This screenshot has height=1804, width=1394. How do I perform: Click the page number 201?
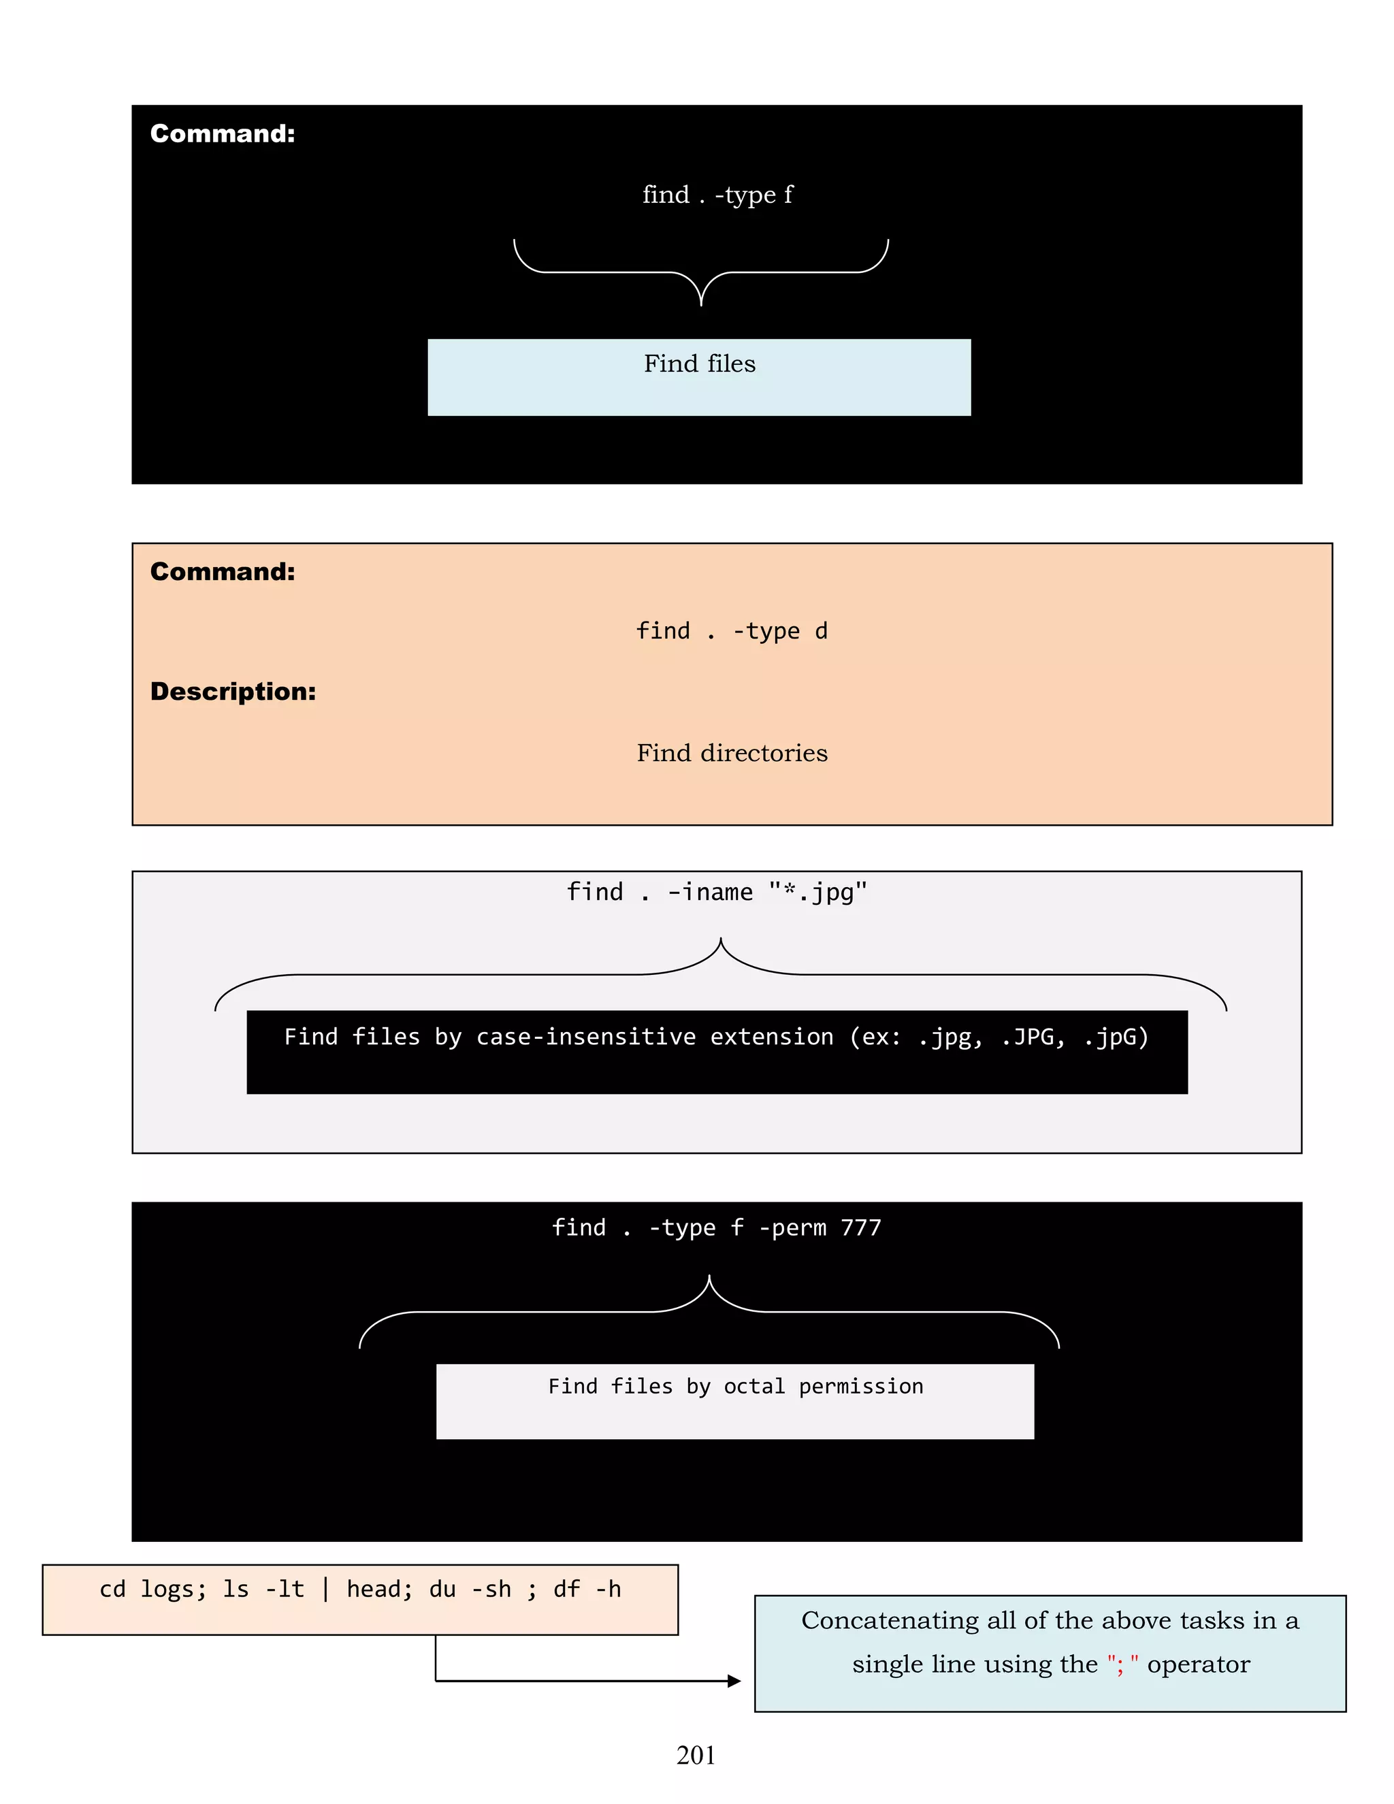click(696, 1754)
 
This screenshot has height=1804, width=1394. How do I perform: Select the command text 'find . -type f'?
click(717, 195)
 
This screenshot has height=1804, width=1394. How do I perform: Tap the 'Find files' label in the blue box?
click(700, 364)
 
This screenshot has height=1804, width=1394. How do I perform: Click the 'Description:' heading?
click(233, 692)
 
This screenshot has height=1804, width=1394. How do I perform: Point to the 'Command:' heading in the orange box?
click(222, 572)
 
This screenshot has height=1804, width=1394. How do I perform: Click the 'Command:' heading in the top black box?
click(222, 134)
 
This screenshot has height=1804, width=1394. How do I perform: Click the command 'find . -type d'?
click(731, 631)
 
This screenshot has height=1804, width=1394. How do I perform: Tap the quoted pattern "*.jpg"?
click(817, 892)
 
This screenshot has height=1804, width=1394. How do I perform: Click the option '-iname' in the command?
click(710, 892)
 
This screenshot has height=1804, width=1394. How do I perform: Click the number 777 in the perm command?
click(860, 1227)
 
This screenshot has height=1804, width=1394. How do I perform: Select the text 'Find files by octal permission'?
click(735, 1386)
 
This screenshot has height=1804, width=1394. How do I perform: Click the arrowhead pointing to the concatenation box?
click(734, 1681)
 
